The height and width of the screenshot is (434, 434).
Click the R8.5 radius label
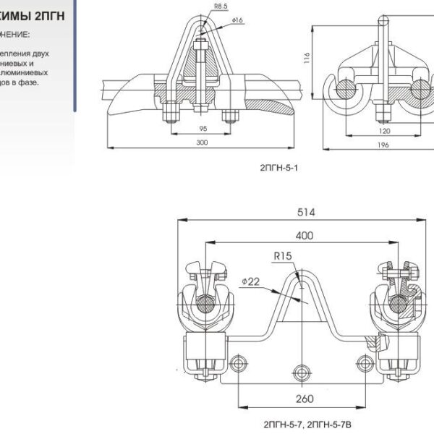(201, 9)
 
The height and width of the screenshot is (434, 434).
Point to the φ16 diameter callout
(237, 20)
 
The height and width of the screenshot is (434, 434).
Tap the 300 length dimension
(202, 143)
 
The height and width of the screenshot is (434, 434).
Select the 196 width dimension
(383, 145)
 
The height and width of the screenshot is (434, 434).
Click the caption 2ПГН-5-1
(278, 167)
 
